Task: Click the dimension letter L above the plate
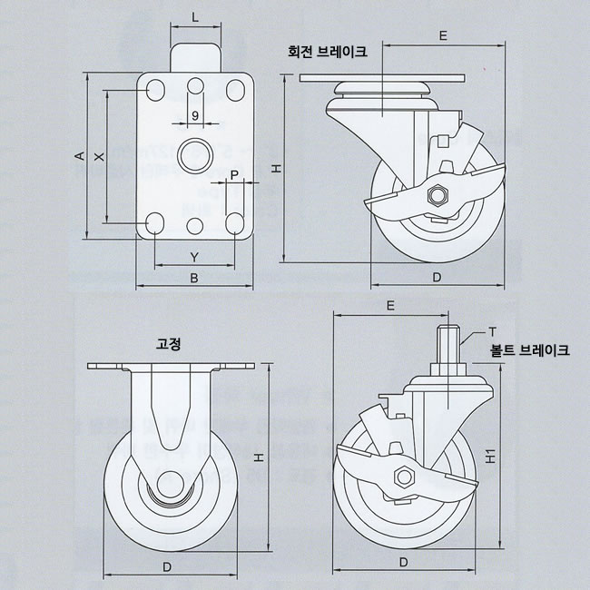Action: click(195, 17)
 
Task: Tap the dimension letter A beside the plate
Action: click(79, 156)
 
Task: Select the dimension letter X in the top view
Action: click(100, 156)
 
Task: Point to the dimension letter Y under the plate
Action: click(194, 257)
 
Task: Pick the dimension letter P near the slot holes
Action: click(234, 174)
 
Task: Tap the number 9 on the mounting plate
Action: click(196, 115)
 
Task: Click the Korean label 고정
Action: click(169, 345)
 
